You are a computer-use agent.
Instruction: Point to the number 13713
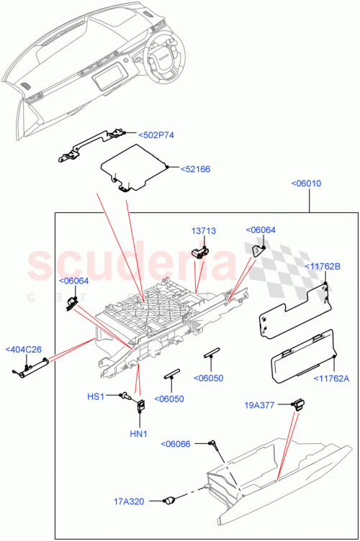tap(203, 231)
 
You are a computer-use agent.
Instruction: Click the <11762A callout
tap(330, 378)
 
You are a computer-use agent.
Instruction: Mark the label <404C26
tap(24, 350)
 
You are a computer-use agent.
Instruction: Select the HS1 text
tap(96, 396)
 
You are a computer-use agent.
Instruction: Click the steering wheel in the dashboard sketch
tap(165, 57)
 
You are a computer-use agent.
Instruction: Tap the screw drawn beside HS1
tap(125, 395)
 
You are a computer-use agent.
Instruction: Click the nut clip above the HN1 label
tap(140, 406)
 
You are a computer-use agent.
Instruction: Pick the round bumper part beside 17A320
tap(171, 499)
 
